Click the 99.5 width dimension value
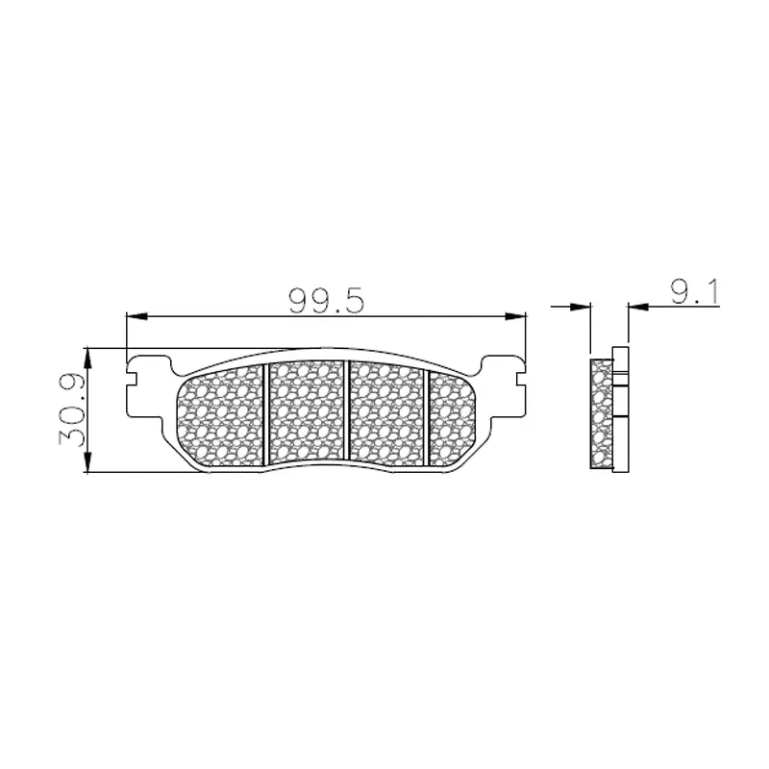click(x=326, y=301)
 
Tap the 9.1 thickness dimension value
click(x=694, y=293)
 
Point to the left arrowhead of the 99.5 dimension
click(x=136, y=317)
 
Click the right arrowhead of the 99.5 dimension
click(x=515, y=317)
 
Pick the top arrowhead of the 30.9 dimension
click(x=87, y=359)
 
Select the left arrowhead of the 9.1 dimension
click(x=581, y=307)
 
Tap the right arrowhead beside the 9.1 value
click(x=638, y=307)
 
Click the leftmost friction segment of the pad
click(x=220, y=417)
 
